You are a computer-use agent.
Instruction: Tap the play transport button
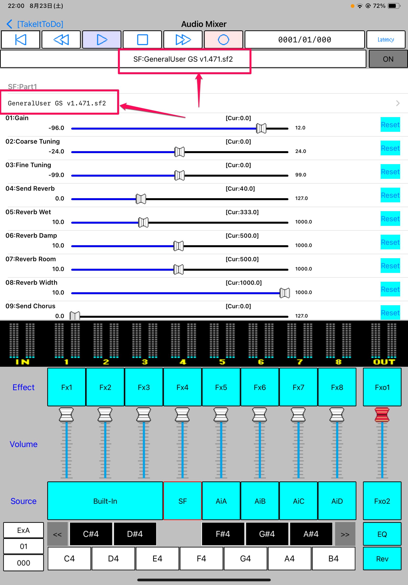tap(102, 39)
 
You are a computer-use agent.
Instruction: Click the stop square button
tap(142, 39)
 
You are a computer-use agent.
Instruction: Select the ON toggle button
tap(388, 59)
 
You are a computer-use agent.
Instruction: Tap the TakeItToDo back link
tap(35, 24)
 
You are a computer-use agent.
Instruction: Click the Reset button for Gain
tap(390, 125)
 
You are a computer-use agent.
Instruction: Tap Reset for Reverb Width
tap(390, 289)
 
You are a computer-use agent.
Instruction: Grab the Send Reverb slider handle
tap(141, 199)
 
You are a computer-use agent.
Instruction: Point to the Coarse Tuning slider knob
tap(180, 152)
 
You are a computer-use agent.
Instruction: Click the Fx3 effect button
tap(144, 387)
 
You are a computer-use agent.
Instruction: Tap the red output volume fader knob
tap(382, 414)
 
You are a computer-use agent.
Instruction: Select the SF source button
tap(182, 501)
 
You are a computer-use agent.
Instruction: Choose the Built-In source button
tap(105, 501)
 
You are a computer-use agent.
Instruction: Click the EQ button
tap(382, 534)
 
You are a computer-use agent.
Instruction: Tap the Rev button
tap(382, 559)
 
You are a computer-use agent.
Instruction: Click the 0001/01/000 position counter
tap(305, 39)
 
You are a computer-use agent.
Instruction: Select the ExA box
tap(23, 530)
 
